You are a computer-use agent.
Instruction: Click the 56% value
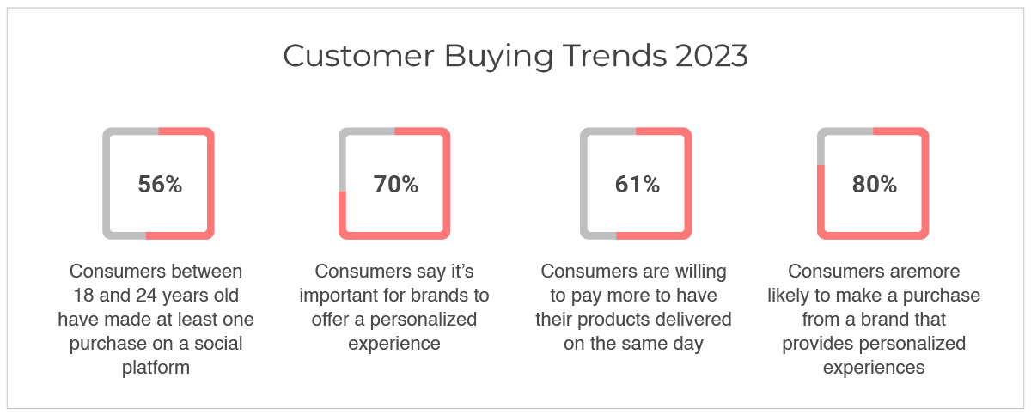pos(160,184)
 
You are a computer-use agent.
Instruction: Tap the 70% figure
pos(395,184)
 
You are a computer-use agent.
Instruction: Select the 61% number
pos(637,184)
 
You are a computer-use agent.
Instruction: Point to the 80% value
pos(874,184)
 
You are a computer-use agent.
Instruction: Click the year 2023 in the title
pos(711,56)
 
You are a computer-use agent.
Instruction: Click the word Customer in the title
pos(358,56)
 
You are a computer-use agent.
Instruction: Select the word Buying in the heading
pos(498,58)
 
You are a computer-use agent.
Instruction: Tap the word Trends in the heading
pos(615,56)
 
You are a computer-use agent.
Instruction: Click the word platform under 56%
pos(156,368)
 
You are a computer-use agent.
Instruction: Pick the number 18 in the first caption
pos(84,296)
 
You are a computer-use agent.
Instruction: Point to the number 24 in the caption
pos(147,296)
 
